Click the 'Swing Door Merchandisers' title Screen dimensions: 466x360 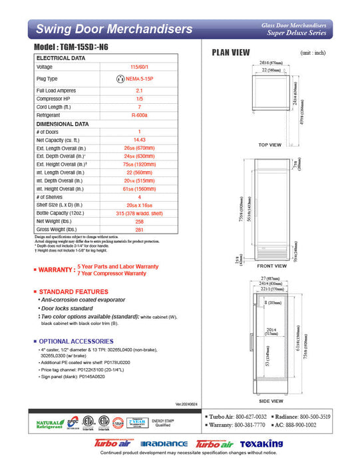point(114,29)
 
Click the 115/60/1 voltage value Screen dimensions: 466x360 point(139,67)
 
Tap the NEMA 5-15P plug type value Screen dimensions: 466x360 point(139,79)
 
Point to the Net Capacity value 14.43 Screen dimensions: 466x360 point(139,140)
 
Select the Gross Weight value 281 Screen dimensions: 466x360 point(139,230)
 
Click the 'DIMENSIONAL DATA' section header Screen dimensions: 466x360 point(63,124)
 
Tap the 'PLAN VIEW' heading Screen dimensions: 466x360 point(230,53)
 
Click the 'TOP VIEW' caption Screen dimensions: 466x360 point(270,144)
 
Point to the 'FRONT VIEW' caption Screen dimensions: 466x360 point(271,266)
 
